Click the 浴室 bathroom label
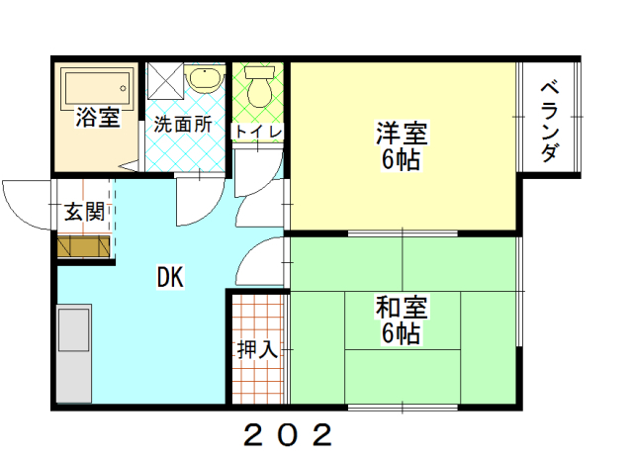(98, 117)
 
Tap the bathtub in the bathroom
(97, 89)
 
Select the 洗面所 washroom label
(183, 124)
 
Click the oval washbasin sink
(205, 79)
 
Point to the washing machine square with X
(165, 81)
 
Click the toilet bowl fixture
(259, 87)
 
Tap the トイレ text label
(258, 132)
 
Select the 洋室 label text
(402, 133)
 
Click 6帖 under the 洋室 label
(401, 159)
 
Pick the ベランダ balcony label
(550, 121)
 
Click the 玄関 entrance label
(85, 211)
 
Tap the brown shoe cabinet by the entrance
(83, 246)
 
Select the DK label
(170, 277)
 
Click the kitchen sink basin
(73, 329)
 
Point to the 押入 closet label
(257, 349)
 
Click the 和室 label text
(402, 307)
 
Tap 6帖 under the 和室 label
(401, 333)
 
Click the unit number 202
(288, 434)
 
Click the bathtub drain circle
(123, 88)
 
